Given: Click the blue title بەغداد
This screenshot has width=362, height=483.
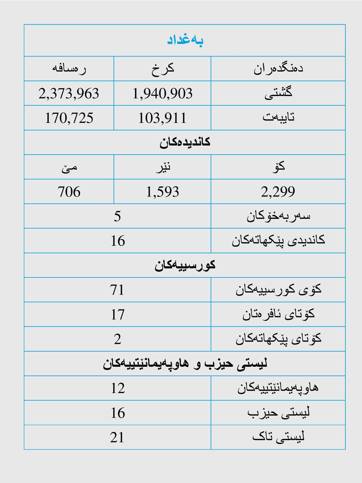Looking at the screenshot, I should click(x=185, y=40).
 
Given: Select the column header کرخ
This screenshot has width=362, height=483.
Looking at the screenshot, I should click(x=162, y=69).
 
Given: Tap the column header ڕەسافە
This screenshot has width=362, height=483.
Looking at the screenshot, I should click(x=69, y=69).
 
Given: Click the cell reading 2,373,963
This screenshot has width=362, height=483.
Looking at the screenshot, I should click(x=69, y=94).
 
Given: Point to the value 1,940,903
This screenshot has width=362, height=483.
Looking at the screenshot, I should click(x=162, y=94).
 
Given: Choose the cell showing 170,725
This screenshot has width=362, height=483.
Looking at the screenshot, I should click(x=69, y=118).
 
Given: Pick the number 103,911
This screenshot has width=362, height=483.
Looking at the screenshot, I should click(x=162, y=118).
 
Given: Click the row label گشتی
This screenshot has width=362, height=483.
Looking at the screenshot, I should click(x=278, y=93).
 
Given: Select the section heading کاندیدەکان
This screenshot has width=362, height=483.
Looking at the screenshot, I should click(x=185, y=143).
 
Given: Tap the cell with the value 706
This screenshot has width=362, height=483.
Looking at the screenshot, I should click(x=69, y=192).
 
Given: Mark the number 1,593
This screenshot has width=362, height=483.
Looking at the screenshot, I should click(x=162, y=192).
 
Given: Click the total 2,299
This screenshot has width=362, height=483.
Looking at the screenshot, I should click(x=278, y=192).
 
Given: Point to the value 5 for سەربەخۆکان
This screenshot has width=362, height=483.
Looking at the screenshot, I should click(x=117, y=216).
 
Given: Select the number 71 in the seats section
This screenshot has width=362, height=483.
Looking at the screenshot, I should click(x=117, y=290).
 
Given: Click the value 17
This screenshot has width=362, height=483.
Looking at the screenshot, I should click(x=117, y=315).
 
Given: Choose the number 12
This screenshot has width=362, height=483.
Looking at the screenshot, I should click(x=117, y=388).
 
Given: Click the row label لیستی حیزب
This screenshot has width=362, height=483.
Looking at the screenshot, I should click(x=278, y=413).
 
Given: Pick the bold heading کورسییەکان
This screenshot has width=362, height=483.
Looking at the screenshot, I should click(x=185, y=265).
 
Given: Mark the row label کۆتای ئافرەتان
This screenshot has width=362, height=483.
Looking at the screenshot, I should click(x=278, y=314).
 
